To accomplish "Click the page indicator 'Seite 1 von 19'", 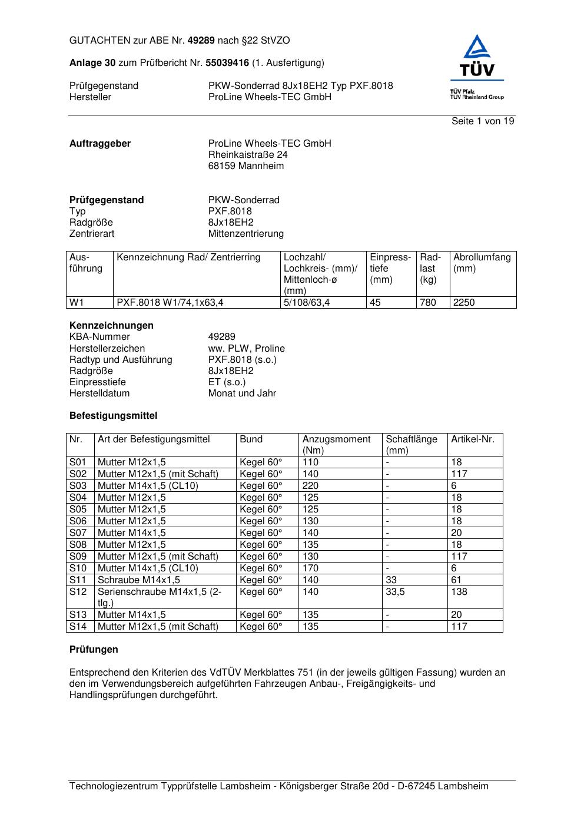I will click(483, 121).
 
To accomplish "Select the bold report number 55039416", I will click(227, 63).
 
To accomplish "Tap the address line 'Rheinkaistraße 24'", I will click(248, 155).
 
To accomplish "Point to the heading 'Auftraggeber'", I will click(100, 144).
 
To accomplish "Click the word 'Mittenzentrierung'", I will click(245, 234).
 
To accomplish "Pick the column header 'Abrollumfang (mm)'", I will click(482, 263).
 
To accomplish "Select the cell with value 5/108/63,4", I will click(307, 303).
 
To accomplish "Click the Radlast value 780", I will click(428, 303).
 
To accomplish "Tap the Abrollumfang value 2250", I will click(464, 303).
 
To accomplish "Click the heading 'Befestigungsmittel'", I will click(113, 416).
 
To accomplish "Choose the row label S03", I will click(78, 486).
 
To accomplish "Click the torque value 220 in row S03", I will click(310, 486).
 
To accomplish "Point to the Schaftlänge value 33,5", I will click(395, 592).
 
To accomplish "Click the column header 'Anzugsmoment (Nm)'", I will click(336, 445).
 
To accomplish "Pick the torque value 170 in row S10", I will click(310, 568).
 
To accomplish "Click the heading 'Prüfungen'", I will click(94, 650).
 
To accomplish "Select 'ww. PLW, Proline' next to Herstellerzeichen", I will click(246, 349).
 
